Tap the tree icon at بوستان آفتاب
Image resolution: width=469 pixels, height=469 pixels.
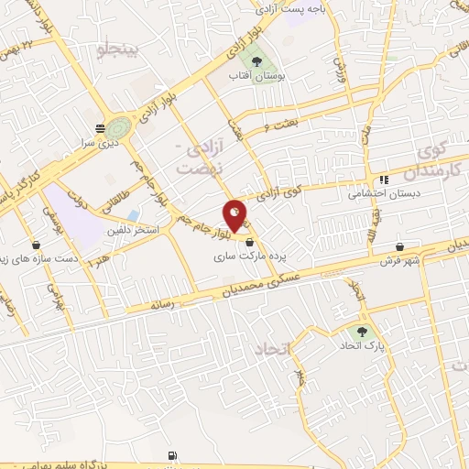260,54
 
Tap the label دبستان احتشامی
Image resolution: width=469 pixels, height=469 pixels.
376,193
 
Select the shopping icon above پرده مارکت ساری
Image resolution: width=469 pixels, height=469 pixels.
249,241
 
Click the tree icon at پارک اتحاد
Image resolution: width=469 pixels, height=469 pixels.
362,332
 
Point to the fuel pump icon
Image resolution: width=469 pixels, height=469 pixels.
171,454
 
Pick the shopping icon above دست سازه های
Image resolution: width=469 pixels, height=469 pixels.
36,245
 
